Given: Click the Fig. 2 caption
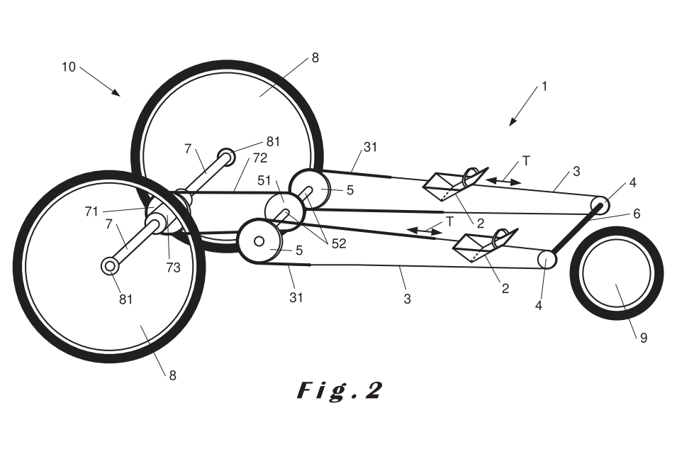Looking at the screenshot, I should (339, 391).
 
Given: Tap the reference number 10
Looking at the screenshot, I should (69, 67).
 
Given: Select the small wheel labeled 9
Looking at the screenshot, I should (616, 274).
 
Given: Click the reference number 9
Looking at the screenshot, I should (644, 338).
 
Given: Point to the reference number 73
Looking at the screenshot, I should (173, 268).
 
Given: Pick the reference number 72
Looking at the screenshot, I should (259, 157).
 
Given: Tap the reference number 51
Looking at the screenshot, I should (265, 180).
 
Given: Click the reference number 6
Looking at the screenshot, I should (637, 213).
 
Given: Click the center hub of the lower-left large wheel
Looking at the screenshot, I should (109, 266).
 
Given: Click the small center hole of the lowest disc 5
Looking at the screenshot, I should (259, 241).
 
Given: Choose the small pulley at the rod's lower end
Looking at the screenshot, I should (547, 259).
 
